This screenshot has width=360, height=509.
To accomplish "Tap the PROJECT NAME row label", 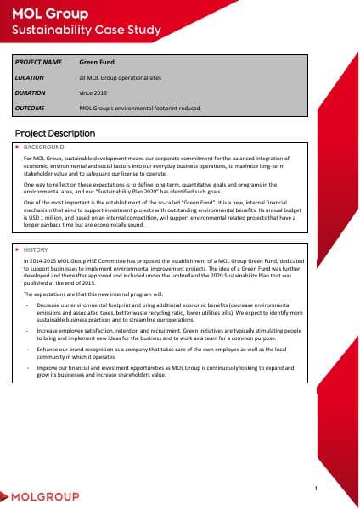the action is tap(39, 62).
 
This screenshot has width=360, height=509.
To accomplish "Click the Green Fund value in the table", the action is tap(96, 62).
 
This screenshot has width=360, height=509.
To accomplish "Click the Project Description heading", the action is tap(55, 134).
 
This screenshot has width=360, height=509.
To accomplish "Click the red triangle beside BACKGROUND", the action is tap(18, 147).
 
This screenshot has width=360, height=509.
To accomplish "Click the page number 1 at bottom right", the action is tap(315, 489).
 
